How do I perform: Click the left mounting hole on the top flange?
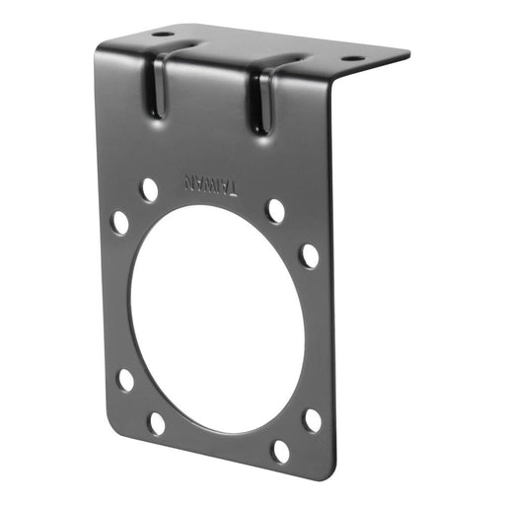pos(162,35)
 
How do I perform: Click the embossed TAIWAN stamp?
pos(209,185)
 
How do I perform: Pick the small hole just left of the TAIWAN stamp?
pos(149,189)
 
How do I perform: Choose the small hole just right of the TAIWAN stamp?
pos(275,211)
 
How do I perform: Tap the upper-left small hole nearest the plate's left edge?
pos(119,222)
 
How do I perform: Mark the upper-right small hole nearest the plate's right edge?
pos(310,255)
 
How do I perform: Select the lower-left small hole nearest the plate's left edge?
pos(125,380)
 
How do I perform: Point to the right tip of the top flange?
pos(409,51)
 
